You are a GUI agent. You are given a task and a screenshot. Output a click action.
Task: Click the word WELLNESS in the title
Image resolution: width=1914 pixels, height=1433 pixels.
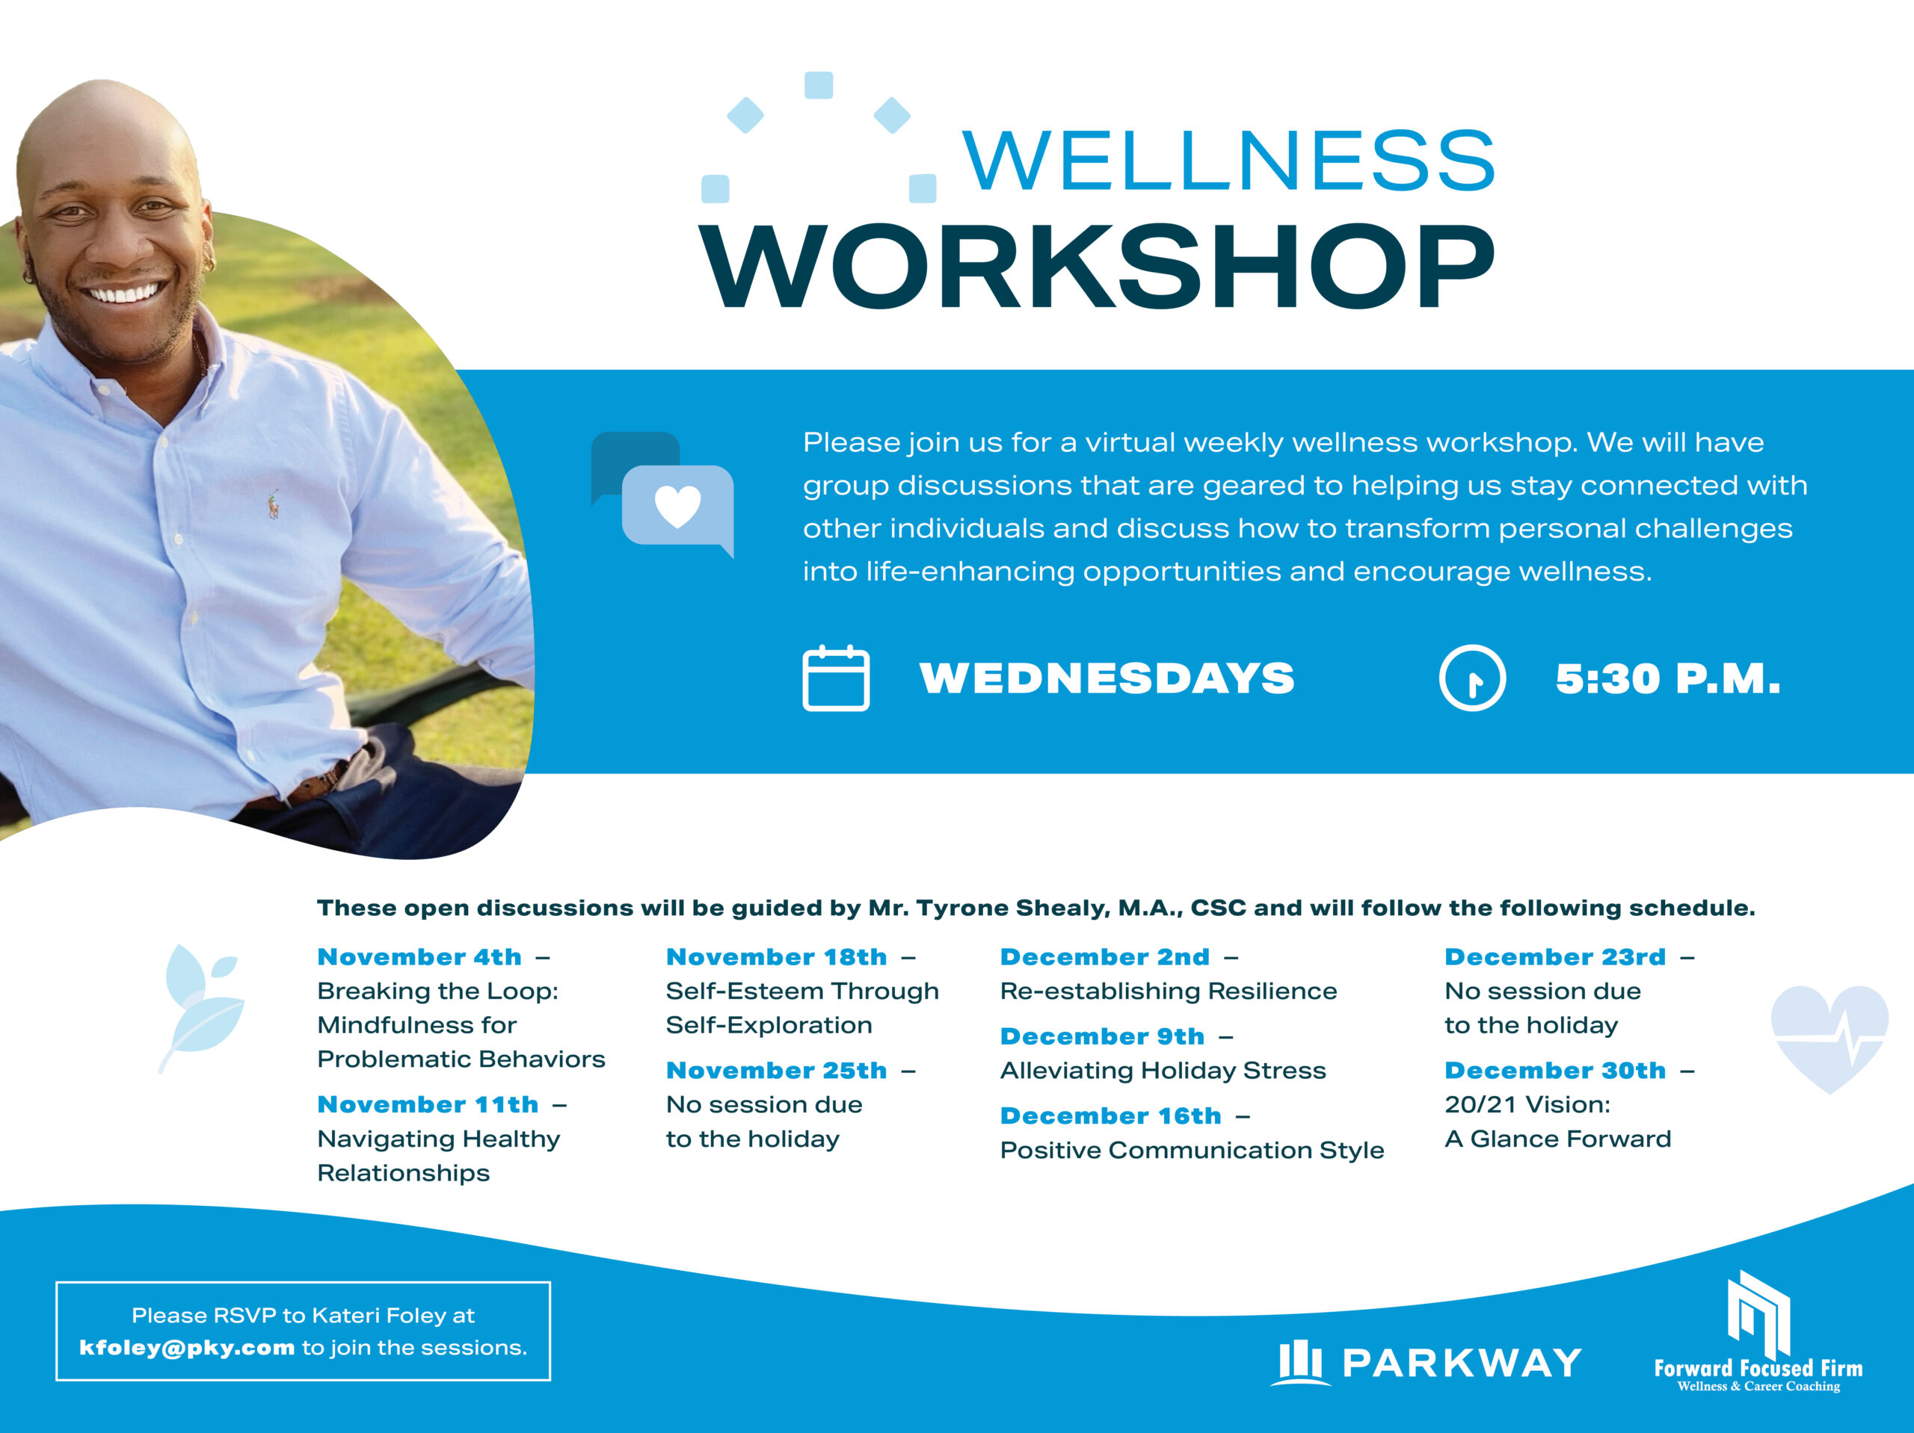[1228, 160]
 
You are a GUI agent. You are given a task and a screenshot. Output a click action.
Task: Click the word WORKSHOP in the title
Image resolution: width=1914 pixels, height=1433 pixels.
[1097, 267]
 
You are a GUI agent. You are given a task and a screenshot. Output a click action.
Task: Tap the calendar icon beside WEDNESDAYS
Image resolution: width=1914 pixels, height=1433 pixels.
[836, 678]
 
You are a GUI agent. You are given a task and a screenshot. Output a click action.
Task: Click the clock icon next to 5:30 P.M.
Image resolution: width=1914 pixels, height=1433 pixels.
[1472, 678]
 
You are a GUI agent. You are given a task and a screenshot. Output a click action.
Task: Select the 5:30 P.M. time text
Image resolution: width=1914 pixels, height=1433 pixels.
[1667, 679]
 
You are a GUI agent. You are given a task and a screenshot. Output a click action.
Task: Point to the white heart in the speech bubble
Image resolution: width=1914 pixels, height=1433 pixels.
[677, 506]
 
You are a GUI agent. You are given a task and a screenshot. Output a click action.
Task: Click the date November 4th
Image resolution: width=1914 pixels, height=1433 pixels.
[419, 956]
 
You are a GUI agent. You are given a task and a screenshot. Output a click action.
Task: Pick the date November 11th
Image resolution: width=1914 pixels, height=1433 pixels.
[428, 1104]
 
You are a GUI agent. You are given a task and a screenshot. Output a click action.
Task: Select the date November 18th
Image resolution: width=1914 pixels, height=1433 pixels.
[776, 956]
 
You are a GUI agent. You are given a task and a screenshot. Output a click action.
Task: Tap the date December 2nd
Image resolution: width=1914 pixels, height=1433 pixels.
[1104, 956]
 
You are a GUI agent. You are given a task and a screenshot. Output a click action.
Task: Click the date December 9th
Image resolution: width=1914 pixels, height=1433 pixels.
[1101, 1036]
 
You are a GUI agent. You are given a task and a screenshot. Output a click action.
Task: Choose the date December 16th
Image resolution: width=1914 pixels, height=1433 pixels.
[1110, 1115]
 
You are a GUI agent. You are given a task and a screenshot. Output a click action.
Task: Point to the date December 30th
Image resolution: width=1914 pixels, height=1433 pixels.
[1554, 1071]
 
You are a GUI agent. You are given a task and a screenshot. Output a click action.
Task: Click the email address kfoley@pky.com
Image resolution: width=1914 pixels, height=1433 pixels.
[187, 1347]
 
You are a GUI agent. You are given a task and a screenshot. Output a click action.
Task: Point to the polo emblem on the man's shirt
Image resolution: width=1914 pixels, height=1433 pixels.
[274, 504]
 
